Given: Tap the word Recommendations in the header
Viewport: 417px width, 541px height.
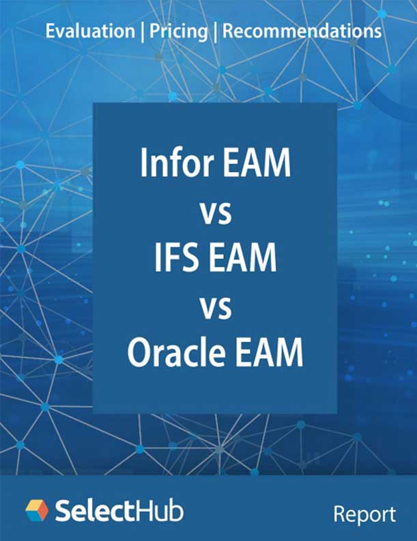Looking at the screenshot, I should point(302,31).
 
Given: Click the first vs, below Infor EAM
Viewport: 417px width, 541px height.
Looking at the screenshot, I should point(215,213).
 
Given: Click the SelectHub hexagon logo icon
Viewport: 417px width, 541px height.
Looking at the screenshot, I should point(37,510).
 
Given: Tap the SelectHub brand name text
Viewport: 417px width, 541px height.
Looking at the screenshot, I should point(119,510).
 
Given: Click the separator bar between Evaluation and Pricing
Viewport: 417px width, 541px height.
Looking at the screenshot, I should point(141,31).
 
